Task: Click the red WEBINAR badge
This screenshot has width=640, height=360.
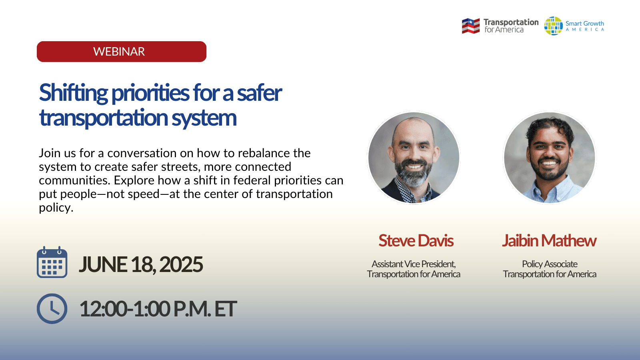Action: (122, 52)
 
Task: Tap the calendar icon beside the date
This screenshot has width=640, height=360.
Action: (52, 262)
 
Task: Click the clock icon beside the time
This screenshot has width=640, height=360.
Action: (52, 309)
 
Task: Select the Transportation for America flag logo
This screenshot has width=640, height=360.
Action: (470, 26)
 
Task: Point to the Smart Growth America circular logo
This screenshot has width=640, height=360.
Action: (553, 26)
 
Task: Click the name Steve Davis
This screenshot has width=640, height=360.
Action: (416, 241)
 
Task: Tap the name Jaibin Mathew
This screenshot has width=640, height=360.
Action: (549, 241)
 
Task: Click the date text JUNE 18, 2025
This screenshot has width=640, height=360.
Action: (141, 265)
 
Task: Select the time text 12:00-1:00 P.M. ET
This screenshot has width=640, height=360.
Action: (158, 309)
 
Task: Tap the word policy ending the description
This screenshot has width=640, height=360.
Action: (56, 208)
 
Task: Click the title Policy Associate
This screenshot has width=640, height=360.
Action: (550, 264)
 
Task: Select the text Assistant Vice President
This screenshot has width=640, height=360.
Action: (414, 264)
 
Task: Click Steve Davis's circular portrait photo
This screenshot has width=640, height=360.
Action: (414, 158)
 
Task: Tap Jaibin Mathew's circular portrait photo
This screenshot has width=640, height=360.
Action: (550, 158)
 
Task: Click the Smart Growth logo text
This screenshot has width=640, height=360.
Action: (584, 24)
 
